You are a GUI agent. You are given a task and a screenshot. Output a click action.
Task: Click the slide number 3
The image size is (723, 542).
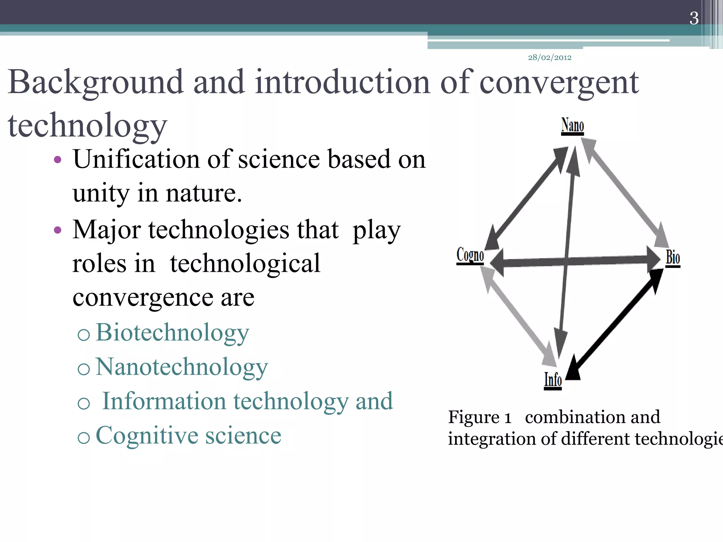694,18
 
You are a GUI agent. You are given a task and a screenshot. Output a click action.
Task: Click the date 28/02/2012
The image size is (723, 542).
549,58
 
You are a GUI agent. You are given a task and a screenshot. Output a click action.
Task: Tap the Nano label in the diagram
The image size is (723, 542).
572,126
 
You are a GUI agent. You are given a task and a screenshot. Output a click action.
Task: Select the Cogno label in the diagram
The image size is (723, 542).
470,255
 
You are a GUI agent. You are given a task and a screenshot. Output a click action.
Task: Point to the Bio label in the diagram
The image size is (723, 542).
673,257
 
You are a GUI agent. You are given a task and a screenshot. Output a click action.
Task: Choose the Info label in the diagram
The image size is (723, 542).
553,380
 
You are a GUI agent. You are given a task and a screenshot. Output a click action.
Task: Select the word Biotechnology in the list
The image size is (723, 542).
172,333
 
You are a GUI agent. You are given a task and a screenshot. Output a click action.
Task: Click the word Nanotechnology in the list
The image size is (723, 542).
181,367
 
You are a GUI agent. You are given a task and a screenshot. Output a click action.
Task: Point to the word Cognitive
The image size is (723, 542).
147,435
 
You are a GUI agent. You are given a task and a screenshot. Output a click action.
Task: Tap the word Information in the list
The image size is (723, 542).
164,402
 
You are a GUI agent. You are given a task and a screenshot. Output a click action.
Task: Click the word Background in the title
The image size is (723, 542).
96,83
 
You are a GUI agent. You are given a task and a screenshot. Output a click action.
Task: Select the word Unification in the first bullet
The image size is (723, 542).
136,159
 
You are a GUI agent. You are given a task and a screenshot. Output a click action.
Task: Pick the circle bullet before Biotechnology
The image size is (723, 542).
84,334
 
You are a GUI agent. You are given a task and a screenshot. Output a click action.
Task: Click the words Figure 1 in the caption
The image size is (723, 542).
479,417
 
